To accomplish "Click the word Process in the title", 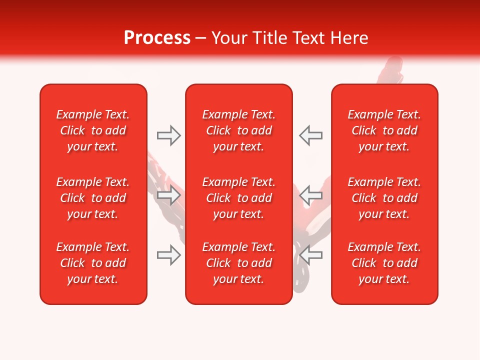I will [157, 38].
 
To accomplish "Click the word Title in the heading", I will [270, 38].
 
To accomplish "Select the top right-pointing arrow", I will [169, 135].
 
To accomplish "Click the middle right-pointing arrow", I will [169, 195].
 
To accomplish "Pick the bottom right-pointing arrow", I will [169, 255].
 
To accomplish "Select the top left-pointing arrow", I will [310, 135].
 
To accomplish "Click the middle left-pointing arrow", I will [310, 195].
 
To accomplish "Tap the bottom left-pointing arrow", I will [310, 255].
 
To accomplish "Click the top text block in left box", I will [93, 130].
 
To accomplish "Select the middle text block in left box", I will [93, 198].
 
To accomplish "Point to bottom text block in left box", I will [93, 263].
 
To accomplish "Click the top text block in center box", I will [238, 130].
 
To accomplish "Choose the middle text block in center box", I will [238, 198].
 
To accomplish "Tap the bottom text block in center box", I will [238, 263].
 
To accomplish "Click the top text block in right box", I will [384, 130].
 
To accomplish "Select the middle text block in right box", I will [384, 198].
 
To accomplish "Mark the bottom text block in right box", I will [384, 263].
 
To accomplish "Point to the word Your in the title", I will [229, 38].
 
